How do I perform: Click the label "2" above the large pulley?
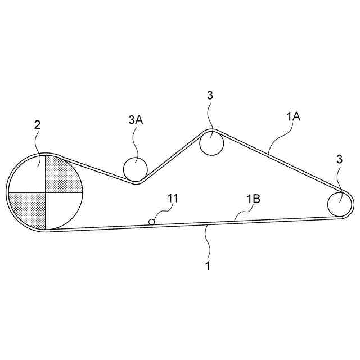[x=37, y=125]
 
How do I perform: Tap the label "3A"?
[x=135, y=119]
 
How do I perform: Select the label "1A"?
[x=294, y=116]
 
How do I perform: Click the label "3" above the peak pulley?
[x=210, y=95]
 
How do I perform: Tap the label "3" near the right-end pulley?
[x=339, y=159]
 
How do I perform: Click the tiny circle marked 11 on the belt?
[x=151, y=222]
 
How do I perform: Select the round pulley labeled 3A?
[x=135, y=168]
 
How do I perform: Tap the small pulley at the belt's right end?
[x=340, y=203]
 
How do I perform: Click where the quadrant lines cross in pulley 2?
[x=45, y=192]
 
